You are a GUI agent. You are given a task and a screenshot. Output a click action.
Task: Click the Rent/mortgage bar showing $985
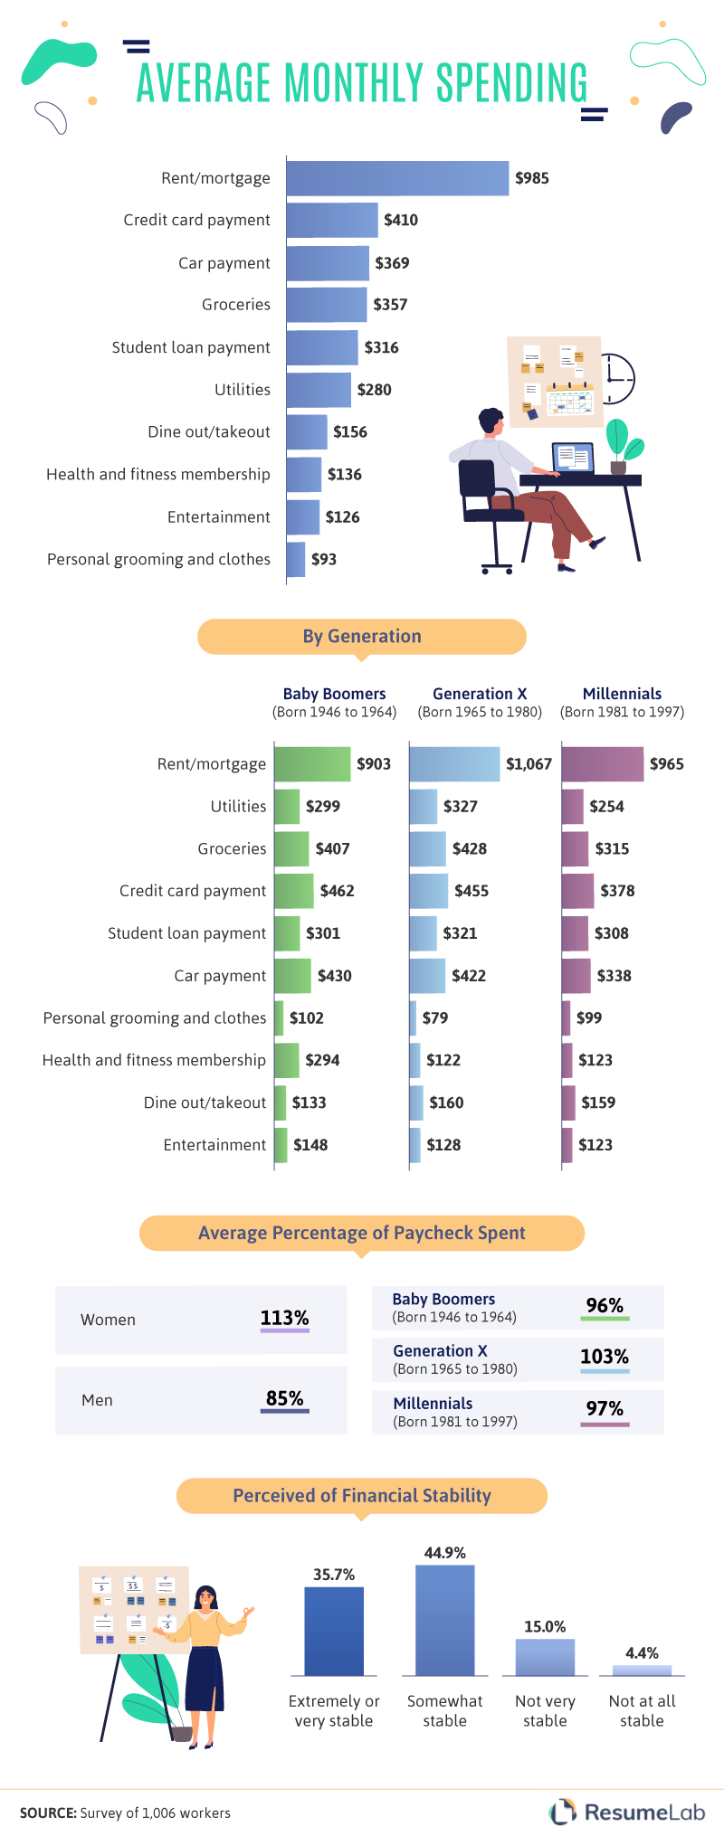[x=398, y=178]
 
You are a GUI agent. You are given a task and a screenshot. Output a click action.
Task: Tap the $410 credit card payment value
[x=401, y=220]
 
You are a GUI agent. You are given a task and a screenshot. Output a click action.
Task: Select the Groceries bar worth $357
[x=327, y=305]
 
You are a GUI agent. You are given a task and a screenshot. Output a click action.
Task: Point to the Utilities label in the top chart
[x=243, y=390]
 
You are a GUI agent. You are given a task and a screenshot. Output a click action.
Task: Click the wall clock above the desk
[x=615, y=379]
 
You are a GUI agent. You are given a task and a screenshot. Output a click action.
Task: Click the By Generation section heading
[x=362, y=636]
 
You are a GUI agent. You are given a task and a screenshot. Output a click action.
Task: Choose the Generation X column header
[x=480, y=694]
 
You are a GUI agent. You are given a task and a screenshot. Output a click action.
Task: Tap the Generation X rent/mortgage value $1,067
[x=529, y=764]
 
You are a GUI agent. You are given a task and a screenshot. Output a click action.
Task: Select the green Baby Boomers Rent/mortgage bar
[x=312, y=764]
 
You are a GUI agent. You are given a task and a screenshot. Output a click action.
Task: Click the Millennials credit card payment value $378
[x=617, y=891]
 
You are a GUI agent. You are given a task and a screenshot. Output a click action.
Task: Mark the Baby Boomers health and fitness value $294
[x=322, y=1060]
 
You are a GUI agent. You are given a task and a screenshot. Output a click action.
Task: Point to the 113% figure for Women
[x=284, y=1318]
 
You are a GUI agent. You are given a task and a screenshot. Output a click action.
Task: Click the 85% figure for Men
[x=284, y=1398]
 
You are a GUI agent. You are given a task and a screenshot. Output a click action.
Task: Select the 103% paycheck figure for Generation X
[x=604, y=1357]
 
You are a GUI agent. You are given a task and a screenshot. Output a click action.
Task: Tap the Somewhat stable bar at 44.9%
[x=444, y=1620]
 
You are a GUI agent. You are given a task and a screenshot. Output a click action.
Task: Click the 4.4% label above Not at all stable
[x=642, y=1652]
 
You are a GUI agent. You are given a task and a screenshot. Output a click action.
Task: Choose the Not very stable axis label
[x=545, y=1710]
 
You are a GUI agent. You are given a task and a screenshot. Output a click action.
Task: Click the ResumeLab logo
[x=626, y=1812]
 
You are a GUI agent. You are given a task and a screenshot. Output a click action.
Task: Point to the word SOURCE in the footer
[x=47, y=1812]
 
